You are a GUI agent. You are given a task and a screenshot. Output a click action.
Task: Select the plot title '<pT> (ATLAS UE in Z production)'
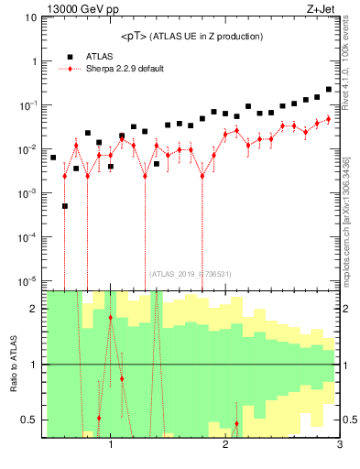[x=191, y=36]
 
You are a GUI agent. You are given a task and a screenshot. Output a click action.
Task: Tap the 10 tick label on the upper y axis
[x=31, y=17]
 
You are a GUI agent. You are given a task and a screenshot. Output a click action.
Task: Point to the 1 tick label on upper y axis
[x=34, y=61]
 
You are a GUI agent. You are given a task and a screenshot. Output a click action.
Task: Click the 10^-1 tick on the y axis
[x=29, y=105]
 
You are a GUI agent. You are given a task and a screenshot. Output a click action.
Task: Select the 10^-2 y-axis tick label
[x=29, y=149]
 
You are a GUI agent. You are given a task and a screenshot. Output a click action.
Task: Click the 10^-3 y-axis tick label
[x=29, y=193]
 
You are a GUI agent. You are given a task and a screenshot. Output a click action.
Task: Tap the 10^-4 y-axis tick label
[x=29, y=237]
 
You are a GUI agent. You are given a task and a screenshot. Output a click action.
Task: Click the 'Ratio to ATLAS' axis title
[x=13, y=364]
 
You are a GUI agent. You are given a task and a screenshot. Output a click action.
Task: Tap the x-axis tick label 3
[x=339, y=446]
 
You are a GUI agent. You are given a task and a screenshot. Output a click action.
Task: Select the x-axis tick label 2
[x=225, y=446]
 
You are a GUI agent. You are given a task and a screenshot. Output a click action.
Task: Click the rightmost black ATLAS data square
[x=329, y=90]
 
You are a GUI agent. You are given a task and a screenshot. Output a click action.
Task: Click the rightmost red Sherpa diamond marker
[x=329, y=119]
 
